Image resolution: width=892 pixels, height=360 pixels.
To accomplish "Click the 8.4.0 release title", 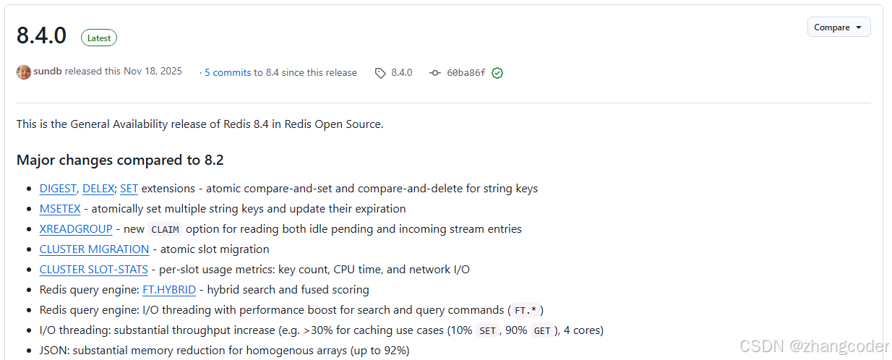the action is click(41, 35).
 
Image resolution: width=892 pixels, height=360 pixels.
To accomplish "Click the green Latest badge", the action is click(99, 38).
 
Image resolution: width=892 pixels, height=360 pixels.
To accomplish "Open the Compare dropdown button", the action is click(839, 27).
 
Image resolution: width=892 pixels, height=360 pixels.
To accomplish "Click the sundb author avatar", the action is click(24, 72).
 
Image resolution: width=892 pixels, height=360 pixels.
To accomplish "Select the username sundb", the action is click(48, 72).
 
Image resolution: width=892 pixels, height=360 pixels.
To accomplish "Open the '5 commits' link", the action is click(228, 72).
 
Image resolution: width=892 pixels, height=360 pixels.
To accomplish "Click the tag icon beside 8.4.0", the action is click(380, 73).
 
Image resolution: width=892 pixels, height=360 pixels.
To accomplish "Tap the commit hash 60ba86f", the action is click(466, 73).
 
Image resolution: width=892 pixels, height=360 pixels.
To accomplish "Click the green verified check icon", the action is click(497, 73).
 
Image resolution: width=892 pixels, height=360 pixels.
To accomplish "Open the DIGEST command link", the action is click(58, 189).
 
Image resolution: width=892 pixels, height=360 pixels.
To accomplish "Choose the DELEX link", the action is click(98, 189).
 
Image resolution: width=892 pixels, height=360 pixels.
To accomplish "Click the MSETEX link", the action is click(60, 209).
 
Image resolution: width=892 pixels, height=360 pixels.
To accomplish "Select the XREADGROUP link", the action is click(76, 229).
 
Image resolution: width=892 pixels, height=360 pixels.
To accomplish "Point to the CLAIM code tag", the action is click(166, 230).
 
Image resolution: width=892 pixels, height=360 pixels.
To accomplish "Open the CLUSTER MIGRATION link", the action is click(94, 249).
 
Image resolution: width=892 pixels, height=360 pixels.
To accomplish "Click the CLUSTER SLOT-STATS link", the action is click(93, 270).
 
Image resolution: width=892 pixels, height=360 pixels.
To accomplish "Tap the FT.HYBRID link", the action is click(169, 290).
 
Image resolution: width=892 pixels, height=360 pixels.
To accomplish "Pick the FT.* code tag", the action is click(526, 311).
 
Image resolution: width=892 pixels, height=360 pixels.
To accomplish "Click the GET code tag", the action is click(541, 331).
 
